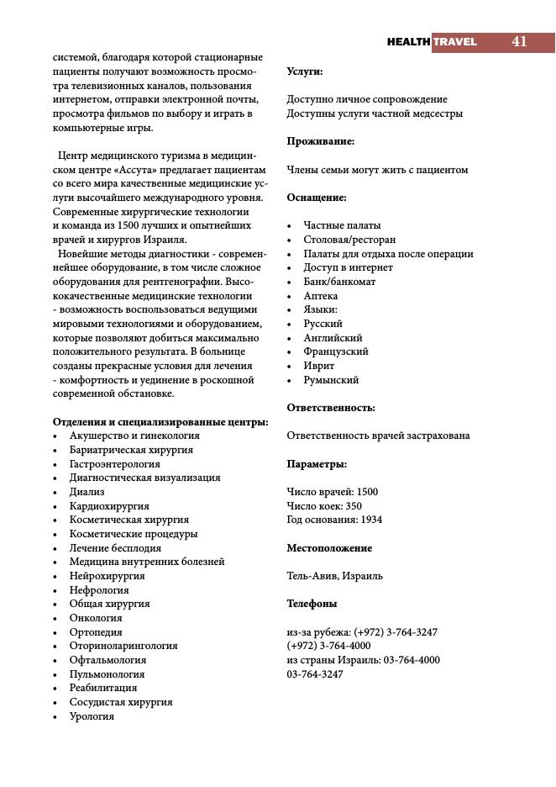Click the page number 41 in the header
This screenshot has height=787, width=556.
click(519, 42)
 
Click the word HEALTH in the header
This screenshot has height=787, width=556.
click(409, 42)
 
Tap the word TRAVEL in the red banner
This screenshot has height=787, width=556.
click(455, 42)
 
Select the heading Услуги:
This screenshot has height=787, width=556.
click(305, 71)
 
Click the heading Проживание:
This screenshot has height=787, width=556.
click(321, 141)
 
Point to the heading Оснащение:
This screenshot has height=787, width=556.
click(317, 198)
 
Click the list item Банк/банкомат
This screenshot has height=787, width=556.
click(339, 282)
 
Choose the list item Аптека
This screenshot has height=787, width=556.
click(321, 296)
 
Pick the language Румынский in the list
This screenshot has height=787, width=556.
click(331, 380)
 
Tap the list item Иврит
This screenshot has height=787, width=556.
click(319, 366)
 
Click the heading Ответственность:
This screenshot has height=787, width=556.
click(331, 408)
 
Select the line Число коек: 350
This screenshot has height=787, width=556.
click(324, 506)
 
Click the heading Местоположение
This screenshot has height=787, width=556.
click(329, 548)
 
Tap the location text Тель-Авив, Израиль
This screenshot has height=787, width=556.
click(334, 576)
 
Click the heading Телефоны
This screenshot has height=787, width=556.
click(312, 604)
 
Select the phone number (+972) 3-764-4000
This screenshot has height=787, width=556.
click(328, 646)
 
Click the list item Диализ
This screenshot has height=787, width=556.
click(87, 492)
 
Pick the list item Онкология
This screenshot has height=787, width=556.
click(96, 618)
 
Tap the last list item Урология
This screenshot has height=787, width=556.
click(92, 716)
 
